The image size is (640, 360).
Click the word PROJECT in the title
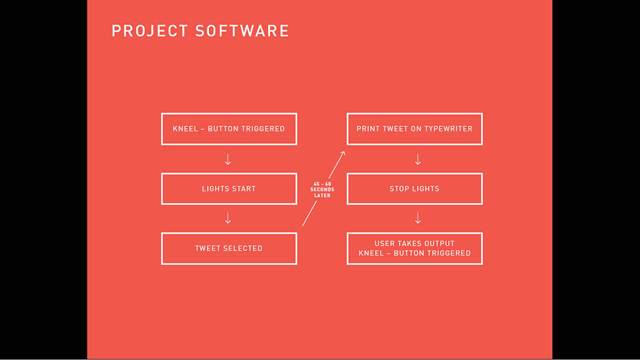[150, 31]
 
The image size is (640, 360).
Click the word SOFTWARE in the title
[242, 31]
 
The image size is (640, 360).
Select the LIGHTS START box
[229, 189]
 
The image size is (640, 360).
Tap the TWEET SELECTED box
[229, 249]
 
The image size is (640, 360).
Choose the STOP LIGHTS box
[415, 189]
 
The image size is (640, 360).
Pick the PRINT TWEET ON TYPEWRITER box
[415, 129]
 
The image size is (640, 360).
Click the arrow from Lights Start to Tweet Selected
[227, 218]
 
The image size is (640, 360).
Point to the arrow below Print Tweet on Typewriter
[417, 159]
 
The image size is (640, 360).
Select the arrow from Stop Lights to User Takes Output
[417, 218]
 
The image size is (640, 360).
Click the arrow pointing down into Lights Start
[227, 159]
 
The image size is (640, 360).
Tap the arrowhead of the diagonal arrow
[344, 153]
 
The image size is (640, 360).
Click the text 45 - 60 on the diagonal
[322, 184]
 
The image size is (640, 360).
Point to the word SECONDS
[322, 190]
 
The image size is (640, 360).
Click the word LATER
[322, 196]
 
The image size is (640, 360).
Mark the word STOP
[398, 189]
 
